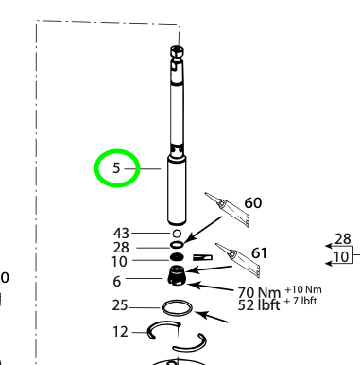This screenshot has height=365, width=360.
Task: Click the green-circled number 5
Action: [x=116, y=170]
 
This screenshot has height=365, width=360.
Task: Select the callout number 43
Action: [x=121, y=232]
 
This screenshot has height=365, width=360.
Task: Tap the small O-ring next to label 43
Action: [x=176, y=232]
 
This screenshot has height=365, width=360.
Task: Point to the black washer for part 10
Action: [x=177, y=256]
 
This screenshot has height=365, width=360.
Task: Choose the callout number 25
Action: [x=120, y=306]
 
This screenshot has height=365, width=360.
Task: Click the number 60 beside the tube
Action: [x=253, y=203]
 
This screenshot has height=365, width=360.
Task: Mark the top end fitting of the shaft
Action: [x=175, y=57]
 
